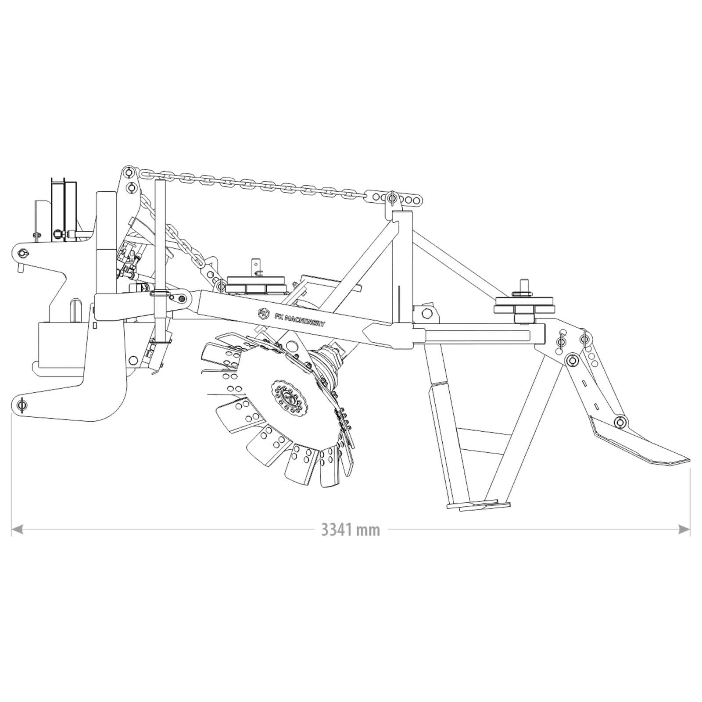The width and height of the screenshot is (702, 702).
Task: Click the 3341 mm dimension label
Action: coord(351,530)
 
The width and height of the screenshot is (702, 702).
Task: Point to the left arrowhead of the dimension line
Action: coord(17,529)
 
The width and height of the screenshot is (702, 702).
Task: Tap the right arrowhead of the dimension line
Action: coord(684,529)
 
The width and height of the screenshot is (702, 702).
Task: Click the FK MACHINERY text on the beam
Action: coord(299,318)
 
